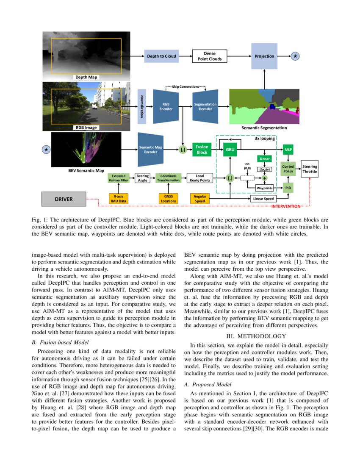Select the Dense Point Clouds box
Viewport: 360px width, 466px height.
[209, 56]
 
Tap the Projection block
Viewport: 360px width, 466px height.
[264, 56]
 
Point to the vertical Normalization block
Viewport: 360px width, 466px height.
[142, 106]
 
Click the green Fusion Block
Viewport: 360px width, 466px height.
[201, 150]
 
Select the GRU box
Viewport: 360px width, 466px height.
[230, 150]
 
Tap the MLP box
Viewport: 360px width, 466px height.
[288, 150]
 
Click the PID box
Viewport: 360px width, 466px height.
[288, 187]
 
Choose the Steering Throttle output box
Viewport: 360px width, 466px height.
[309, 169]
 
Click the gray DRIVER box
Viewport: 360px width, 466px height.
[64, 198]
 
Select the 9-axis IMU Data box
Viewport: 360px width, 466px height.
[119, 198]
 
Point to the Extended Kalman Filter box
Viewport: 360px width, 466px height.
[119, 178]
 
